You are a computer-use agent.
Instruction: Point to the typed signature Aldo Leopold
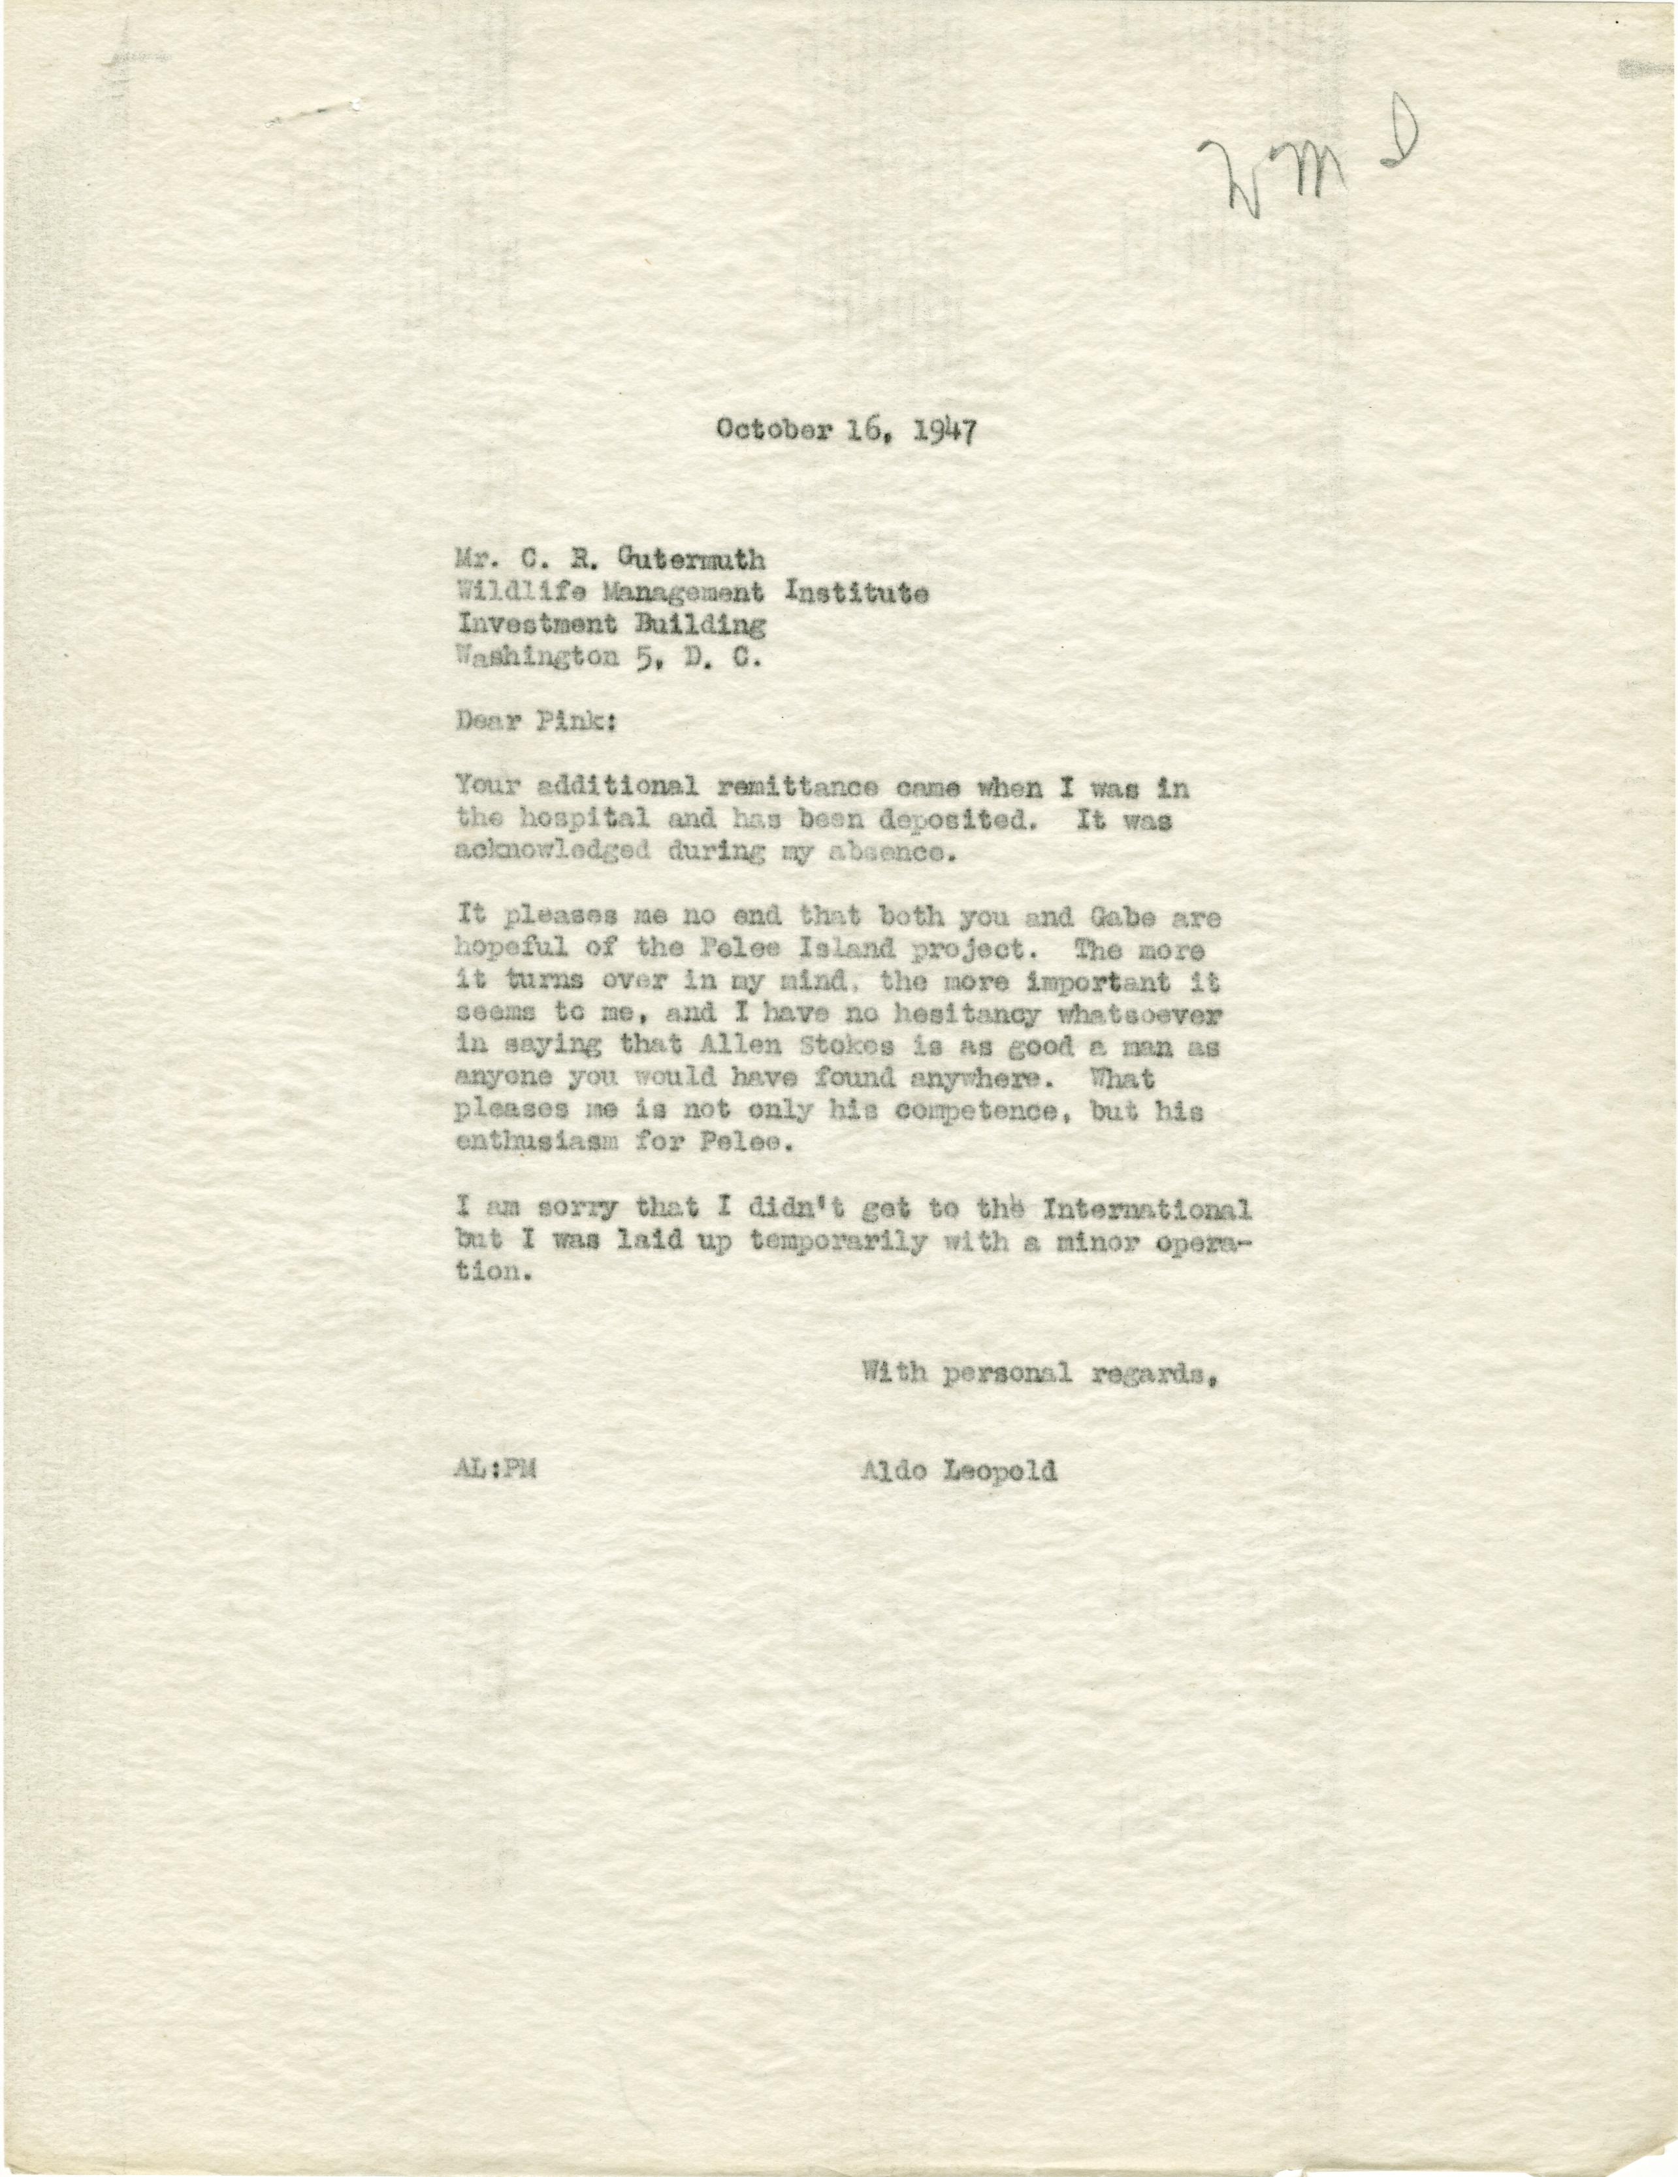[x=959, y=1471]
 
